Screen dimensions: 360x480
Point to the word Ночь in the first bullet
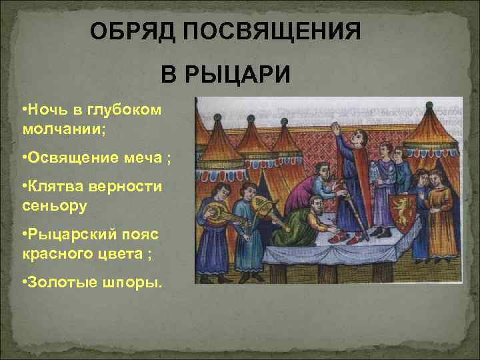(47, 109)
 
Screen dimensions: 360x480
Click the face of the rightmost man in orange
(437, 178)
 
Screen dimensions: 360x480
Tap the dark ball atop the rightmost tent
(429, 105)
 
